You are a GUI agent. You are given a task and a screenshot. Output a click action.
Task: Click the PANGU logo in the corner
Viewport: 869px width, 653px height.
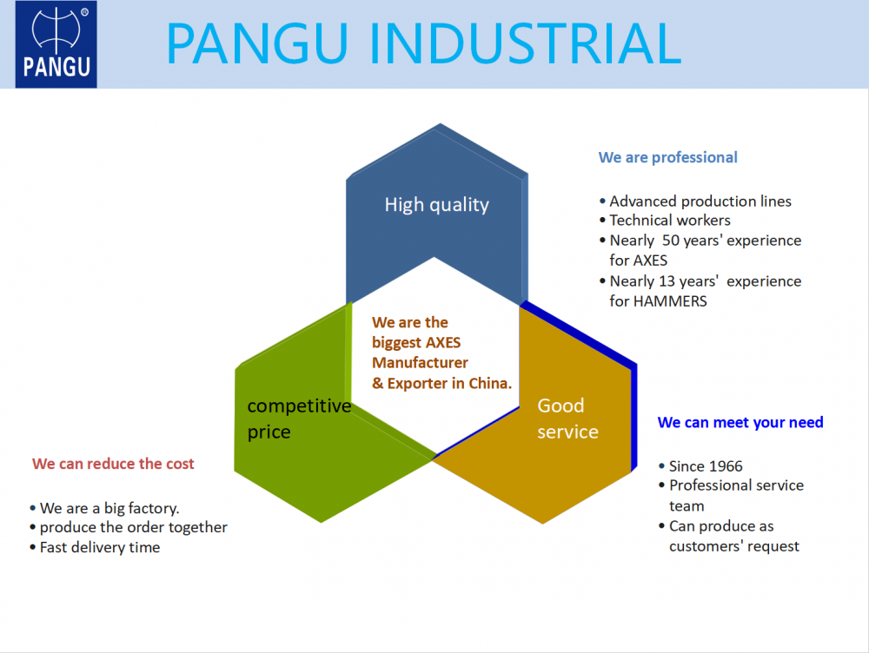point(56,44)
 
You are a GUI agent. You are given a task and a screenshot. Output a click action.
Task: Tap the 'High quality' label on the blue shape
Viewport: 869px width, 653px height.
point(436,205)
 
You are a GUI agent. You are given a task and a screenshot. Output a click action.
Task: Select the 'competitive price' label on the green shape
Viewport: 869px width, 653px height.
point(298,418)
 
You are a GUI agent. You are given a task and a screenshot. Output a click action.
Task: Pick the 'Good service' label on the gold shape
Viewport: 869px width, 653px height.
point(567,418)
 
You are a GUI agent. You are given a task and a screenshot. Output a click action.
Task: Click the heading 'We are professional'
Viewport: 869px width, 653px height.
point(667,157)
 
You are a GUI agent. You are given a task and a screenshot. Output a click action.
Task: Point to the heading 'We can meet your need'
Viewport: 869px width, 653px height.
point(740,422)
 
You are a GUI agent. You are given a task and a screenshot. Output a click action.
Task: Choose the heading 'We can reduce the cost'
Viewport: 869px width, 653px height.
point(113,464)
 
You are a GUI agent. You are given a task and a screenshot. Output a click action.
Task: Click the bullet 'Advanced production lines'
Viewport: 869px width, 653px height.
point(700,201)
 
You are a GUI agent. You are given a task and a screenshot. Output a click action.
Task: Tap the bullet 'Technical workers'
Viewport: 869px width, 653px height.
point(670,221)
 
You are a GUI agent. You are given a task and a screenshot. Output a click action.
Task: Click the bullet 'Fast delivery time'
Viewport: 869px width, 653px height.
point(100,547)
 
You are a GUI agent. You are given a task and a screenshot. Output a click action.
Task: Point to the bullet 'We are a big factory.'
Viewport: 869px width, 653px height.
point(109,508)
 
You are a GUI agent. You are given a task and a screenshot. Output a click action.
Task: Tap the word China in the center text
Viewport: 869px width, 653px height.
point(491,383)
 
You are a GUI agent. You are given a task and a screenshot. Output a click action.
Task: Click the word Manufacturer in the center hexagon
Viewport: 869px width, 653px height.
point(420,362)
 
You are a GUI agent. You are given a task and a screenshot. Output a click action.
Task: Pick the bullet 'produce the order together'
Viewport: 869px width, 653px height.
point(134,527)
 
